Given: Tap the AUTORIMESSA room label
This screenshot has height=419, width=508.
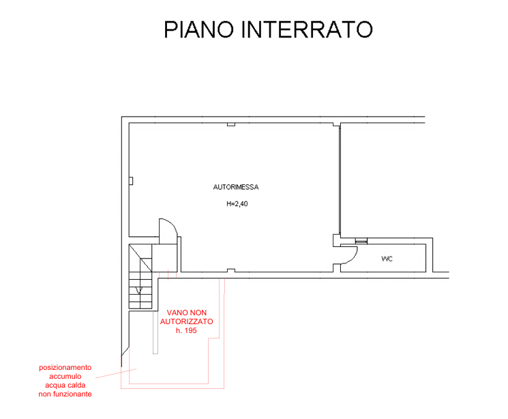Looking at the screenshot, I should (x=235, y=186).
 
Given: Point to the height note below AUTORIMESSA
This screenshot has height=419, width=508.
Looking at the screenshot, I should (x=236, y=203).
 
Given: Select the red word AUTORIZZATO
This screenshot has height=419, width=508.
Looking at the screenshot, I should (x=187, y=321).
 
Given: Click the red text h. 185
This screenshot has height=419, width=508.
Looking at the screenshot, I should (x=185, y=330).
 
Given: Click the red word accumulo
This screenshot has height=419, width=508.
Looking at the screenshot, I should (x=65, y=377).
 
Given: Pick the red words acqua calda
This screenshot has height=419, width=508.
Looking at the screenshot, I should (x=65, y=386).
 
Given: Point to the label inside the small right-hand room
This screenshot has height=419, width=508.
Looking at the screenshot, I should (x=387, y=259).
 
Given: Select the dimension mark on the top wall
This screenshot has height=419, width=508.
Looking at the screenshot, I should (x=233, y=126).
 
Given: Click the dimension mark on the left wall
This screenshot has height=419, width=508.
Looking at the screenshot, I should (x=135, y=182).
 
